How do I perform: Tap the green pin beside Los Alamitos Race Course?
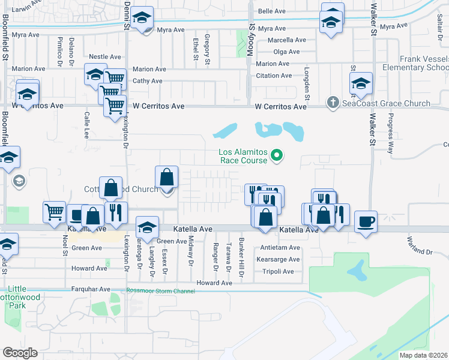[x=277, y=157]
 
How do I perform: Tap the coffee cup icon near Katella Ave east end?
[x=366, y=222]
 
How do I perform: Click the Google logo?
[x=20, y=353]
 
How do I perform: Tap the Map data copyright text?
[x=424, y=355]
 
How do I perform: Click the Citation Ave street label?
[x=274, y=76]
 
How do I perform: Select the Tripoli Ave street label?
[x=277, y=271]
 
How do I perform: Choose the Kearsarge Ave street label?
[x=277, y=259]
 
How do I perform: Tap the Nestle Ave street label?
[x=105, y=57]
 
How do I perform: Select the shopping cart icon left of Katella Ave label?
[x=54, y=211]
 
